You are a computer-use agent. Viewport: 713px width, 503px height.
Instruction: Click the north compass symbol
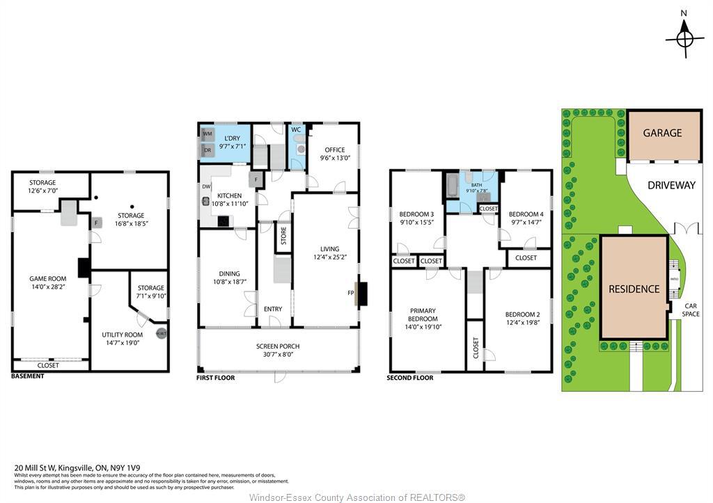684,37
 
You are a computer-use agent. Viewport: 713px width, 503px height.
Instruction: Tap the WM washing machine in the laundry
207,133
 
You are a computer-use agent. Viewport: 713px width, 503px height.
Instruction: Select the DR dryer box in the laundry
207,150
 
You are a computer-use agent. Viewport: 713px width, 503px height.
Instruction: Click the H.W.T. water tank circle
161,334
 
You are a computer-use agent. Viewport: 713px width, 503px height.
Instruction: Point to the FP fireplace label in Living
351,293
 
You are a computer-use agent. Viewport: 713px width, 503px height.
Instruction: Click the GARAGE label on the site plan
662,133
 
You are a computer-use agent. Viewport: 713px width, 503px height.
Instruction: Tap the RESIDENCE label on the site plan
634,289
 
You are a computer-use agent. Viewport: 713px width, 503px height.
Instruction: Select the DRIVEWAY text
671,185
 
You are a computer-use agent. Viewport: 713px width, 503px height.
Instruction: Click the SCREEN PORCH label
279,346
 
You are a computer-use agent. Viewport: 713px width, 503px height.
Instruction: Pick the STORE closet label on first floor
283,237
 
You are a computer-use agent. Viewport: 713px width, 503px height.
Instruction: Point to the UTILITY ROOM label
122,335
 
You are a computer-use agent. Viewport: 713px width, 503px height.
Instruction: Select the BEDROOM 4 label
526,214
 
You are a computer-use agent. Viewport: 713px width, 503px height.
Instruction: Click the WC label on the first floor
296,129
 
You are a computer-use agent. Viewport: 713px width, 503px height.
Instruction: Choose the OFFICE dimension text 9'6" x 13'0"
334,158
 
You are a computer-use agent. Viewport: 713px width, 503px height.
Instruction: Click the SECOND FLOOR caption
409,378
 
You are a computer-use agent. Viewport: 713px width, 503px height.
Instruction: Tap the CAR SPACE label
691,310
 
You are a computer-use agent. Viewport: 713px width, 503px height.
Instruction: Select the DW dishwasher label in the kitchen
206,186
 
